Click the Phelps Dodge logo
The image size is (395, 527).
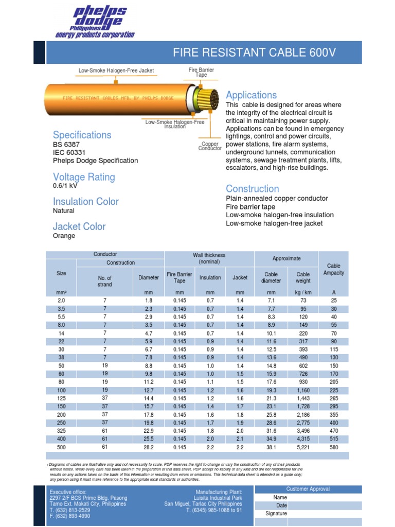coord(96,22)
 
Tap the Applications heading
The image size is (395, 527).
coord(252,95)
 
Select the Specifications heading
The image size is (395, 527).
coord(82,135)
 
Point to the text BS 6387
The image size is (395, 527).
coord(67,145)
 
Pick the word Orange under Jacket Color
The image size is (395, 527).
coord(64,236)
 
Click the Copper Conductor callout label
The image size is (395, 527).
coord(210,146)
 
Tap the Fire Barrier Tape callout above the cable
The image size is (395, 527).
coord(201,72)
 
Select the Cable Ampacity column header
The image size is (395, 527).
coord(334,270)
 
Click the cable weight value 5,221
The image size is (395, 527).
coord(303,447)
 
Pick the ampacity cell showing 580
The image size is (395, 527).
coord(334,447)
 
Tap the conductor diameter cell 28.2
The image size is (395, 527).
coord(149,447)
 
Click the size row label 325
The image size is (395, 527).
coord(61,431)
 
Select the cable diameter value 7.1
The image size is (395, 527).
coord(271,300)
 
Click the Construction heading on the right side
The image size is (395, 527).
coord(253,189)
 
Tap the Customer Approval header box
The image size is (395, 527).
coord(309,489)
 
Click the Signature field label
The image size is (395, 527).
coord(276,514)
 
